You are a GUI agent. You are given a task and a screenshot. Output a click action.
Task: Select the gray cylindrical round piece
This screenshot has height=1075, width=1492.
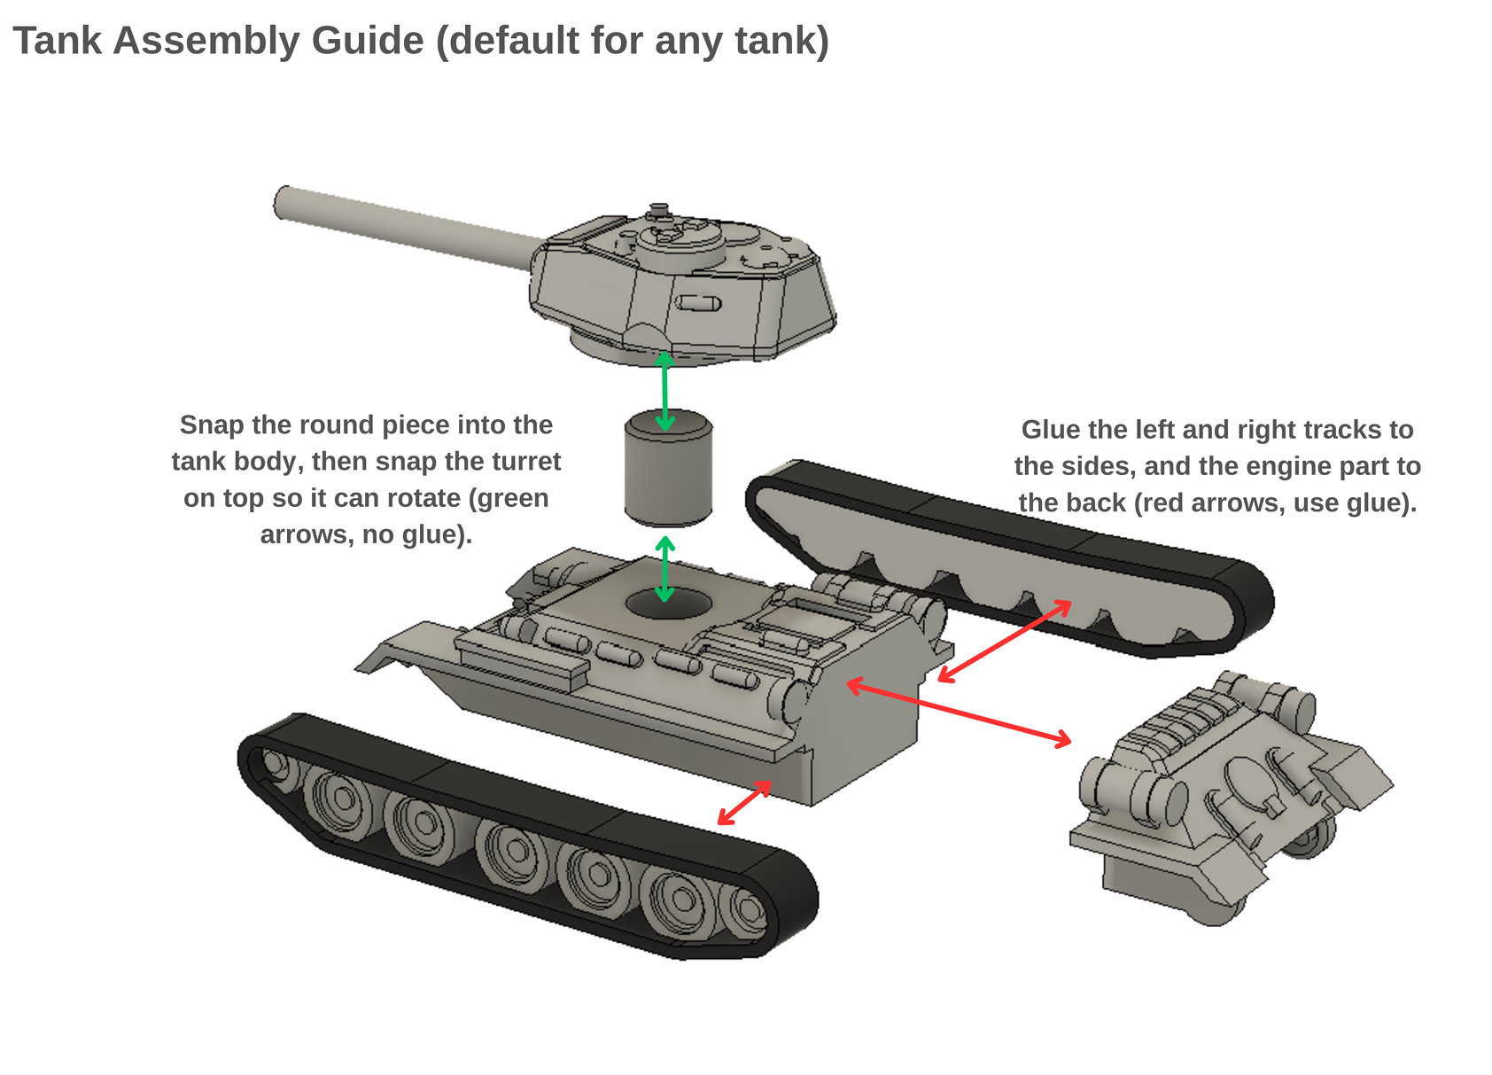click(668, 470)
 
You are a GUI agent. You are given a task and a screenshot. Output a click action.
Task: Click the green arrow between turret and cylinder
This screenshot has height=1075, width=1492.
click(664, 391)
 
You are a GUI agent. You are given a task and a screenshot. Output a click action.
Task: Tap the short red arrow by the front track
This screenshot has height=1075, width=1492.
click(744, 803)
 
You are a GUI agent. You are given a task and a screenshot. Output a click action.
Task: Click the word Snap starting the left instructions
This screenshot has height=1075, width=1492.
click(212, 425)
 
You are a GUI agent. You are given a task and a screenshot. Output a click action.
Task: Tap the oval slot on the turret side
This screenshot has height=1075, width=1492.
click(698, 304)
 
